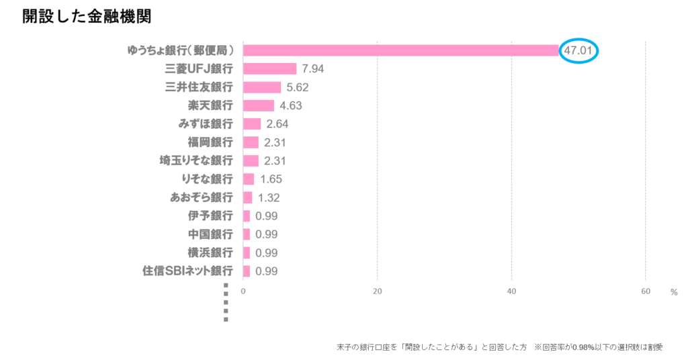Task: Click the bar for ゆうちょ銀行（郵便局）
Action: [x=401, y=50]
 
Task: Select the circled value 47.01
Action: [x=578, y=50]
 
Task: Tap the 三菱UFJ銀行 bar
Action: [x=269, y=69]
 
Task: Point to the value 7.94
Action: [x=314, y=69]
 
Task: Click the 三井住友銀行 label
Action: [x=199, y=87]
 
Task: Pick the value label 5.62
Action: [x=298, y=87]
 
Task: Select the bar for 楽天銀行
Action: [x=259, y=105]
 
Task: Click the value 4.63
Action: [x=291, y=105]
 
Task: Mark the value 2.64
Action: [x=277, y=124]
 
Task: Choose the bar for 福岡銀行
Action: [x=251, y=142]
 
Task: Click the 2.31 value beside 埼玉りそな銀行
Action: [x=275, y=161]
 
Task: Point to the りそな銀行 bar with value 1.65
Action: [x=249, y=179]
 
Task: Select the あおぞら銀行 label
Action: [x=202, y=197]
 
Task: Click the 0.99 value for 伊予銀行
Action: [x=267, y=216]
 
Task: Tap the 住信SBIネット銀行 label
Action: [x=187, y=271]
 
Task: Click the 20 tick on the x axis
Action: [x=377, y=291]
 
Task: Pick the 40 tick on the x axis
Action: [x=511, y=291]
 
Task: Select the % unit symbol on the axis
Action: [x=673, y=292]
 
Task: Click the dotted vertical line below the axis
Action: [x=226, y=306]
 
